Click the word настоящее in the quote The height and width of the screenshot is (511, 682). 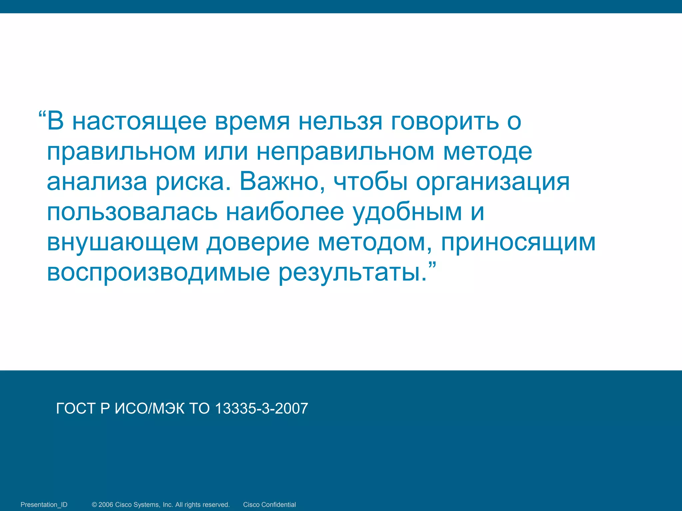pyautogui.click(x=139, y=122)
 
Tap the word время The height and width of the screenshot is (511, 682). pyautogui.click(x=252, y=122)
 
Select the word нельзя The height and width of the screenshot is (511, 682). pyautogui.click(x=340, y=122)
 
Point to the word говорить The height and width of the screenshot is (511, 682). pyautogui.click(x=445, y=122)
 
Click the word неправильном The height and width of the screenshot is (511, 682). pyautogui.click(x=345, y=152)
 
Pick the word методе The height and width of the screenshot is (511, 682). pyautogui.click(x=488, y=152)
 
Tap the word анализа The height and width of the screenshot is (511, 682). pyautogui.click(x=97, y=182)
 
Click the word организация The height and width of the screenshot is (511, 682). pyautogui.click(x=493, y=182)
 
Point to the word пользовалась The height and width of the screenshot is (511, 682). pyautogui.click(x=132, y=212)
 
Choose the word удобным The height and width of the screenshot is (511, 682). pyautogui.click(x=407, y=212)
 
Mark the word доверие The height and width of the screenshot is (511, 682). pyautogui.click(x=258, y=243)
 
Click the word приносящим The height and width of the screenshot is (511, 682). pyautogui.click(x=518, y=243)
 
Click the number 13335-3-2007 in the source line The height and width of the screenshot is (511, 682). pyautogui.click(x=261, y=409)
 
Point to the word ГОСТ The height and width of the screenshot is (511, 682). pyautogui.click(x=76, y=409)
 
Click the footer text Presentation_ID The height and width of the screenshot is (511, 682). pyautogui.click(x=44, y=505)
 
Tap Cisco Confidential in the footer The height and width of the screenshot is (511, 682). pyautogui.click(x=269, y=505)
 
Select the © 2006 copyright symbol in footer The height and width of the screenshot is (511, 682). pyautogui.click(x=95, y=505)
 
